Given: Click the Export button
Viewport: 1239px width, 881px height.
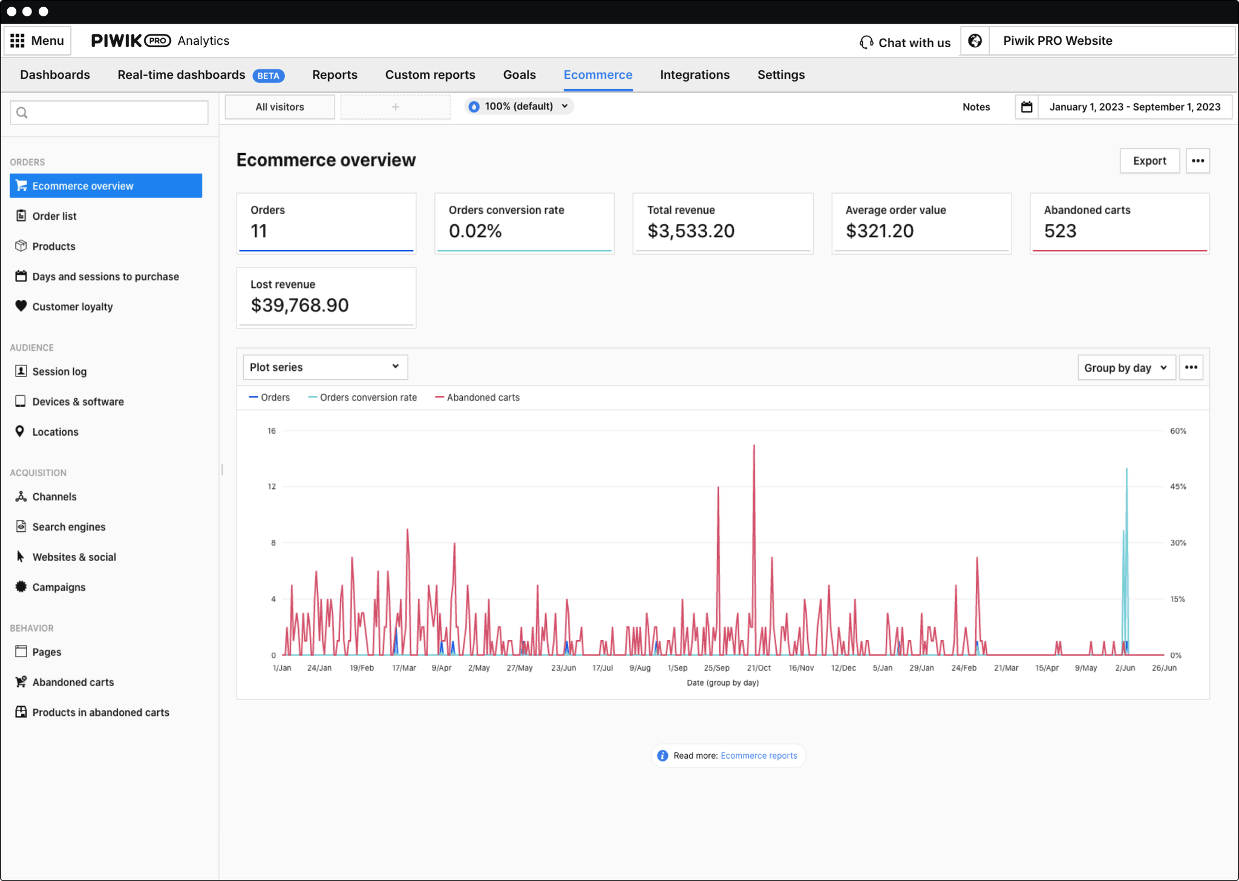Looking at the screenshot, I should [1149, 161].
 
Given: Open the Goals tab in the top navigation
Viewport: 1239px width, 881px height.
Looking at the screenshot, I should [519, 74].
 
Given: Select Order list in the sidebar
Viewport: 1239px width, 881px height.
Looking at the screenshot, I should [54, 216].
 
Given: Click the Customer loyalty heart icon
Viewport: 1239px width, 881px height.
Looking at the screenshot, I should [21, 306].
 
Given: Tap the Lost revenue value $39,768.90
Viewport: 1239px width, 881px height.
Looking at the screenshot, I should [299, 305].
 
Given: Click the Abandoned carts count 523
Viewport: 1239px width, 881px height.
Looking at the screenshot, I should [1060, 231].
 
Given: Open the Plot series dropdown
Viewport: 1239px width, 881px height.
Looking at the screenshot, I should [325, 367].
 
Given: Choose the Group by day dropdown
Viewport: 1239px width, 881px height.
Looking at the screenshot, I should [1126, 368].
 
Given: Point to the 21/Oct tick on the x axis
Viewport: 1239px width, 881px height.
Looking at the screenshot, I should [759, 668].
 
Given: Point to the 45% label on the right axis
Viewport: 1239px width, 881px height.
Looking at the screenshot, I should [1177, 486].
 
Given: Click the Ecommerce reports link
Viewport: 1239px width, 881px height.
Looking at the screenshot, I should [759, 756].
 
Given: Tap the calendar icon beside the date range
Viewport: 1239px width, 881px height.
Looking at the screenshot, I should [1027, 107].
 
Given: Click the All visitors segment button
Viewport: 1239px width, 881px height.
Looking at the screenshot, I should [280, 107].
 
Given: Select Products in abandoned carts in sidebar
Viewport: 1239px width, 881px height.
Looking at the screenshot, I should [100, 712].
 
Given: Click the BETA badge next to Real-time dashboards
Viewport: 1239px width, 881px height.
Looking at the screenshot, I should [268, 76].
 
